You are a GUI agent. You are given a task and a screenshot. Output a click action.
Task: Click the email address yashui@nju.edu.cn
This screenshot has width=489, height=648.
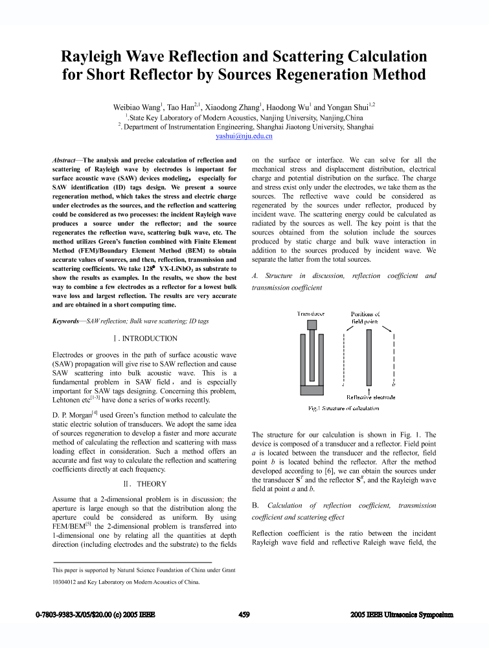(x=244, y=137)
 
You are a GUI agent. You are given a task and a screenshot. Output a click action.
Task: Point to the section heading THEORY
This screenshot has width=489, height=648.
(x=151, y=483)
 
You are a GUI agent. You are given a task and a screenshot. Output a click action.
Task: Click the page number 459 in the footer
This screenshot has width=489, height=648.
(x=244, y=614)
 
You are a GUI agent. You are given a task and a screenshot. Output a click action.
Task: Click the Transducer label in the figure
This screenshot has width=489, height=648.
(x=311, y=314)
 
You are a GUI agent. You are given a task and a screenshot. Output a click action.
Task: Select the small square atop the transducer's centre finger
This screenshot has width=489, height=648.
(x=312, y=325)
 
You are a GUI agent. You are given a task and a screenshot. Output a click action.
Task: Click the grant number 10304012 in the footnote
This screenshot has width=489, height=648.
(x=67, y=582)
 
